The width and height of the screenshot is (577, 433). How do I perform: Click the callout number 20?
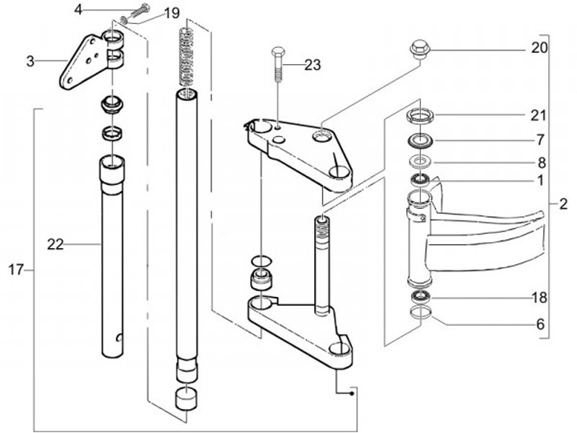coord(539,48)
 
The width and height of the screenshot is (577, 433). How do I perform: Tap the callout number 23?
coord(313,65)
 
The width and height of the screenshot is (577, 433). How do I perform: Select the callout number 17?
coord(16,271)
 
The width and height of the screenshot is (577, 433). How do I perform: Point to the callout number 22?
coord(55,244)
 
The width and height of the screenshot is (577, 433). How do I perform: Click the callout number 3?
coord(30,62)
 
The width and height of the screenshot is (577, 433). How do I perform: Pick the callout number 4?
coord(79,10)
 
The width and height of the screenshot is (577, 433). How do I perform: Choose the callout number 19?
coord(171,14)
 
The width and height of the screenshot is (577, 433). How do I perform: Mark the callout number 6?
coord(540,324)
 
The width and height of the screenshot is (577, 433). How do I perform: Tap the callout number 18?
coord(539,298)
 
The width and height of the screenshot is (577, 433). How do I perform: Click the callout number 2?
coord(563,204)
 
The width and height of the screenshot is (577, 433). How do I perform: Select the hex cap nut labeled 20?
coord(419,50)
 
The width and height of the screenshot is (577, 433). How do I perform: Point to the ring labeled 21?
coord(420,115)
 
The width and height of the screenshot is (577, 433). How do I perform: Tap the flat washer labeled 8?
coord(419,161)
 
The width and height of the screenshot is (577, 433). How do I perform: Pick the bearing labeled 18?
coord(420,295)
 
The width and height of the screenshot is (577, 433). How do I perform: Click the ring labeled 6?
coord(420,311)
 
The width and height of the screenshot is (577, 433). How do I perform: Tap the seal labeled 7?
coord(419,142)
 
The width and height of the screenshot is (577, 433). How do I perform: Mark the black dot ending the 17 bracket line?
coord(352,394)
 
